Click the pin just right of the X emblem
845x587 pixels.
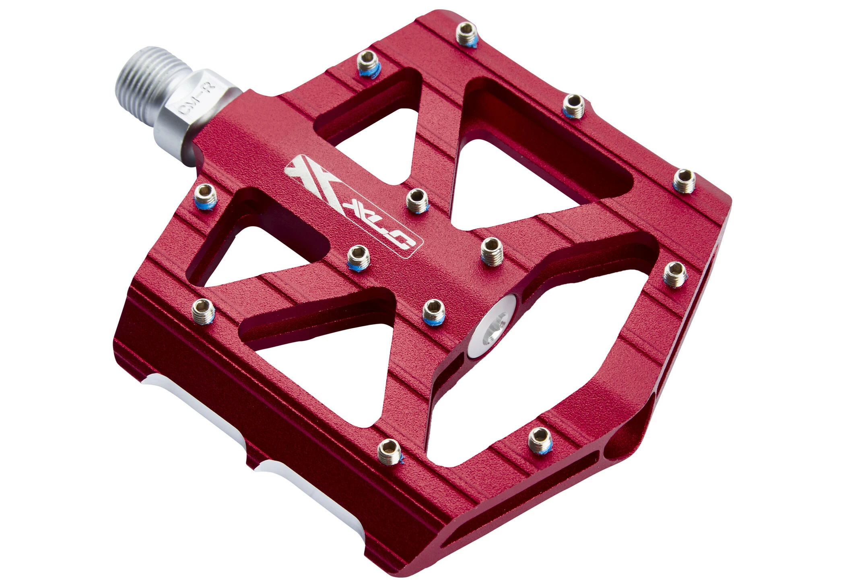(x=417, y=199)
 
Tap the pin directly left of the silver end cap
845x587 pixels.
(x=433, y=309)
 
